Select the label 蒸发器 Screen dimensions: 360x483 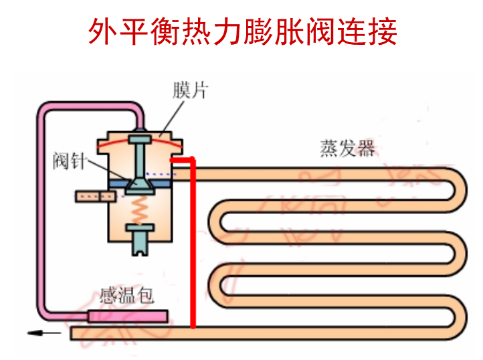point(347,149)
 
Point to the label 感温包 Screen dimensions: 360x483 point(126,295)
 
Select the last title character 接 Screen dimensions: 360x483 point(383,31)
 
